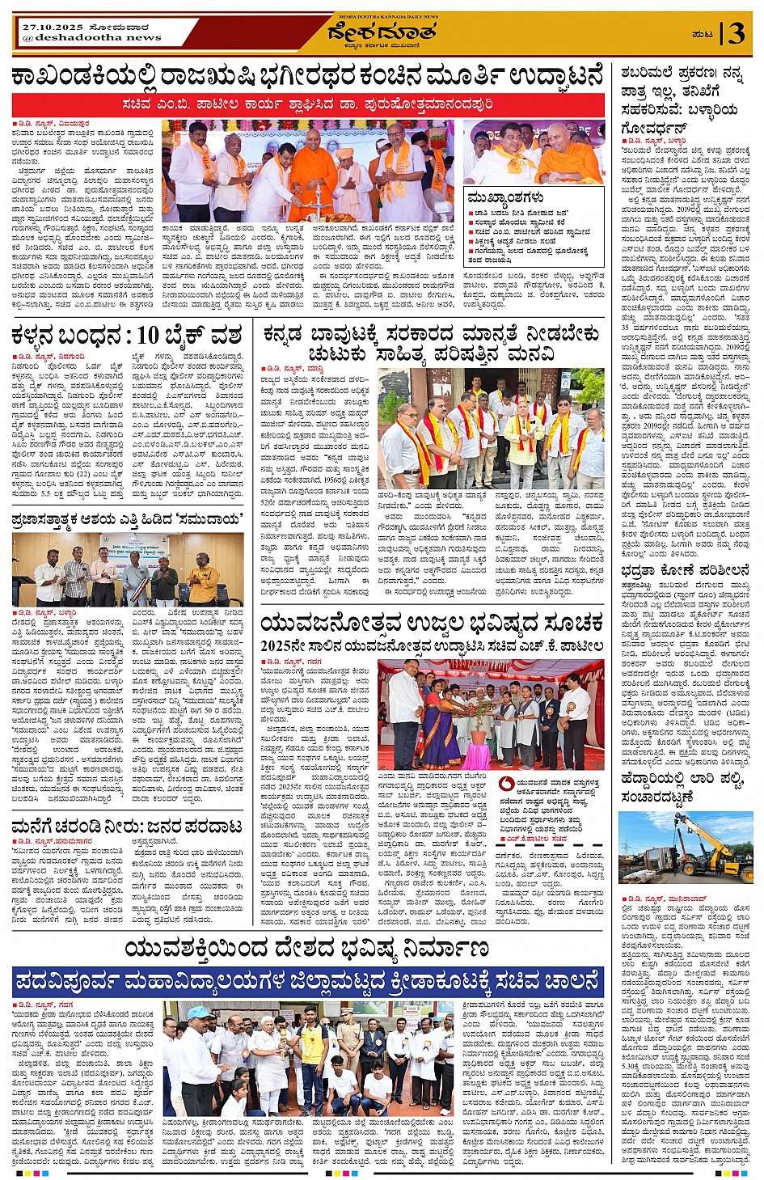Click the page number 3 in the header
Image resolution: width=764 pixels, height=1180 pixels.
pyautogui.click(x=736, y=33)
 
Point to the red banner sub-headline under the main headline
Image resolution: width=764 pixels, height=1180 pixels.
pyautogui.click(x=307, y=104)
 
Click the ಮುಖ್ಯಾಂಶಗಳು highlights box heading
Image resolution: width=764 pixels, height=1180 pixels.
pyautogui.click(x=505, y=197)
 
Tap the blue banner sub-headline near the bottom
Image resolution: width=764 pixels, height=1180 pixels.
pyautogui.click(x=307, y=983)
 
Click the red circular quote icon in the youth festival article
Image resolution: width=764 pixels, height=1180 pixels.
pyautogui.click(x=506, y=784)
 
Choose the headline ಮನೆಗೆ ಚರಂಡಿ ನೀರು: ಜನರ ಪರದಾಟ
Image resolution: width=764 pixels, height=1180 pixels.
pyautogui.click(x=127, y=827)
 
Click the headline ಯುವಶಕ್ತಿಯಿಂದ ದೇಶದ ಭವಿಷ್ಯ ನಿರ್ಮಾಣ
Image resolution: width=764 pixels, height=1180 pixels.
pyautogui.click(x=307, y=949)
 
